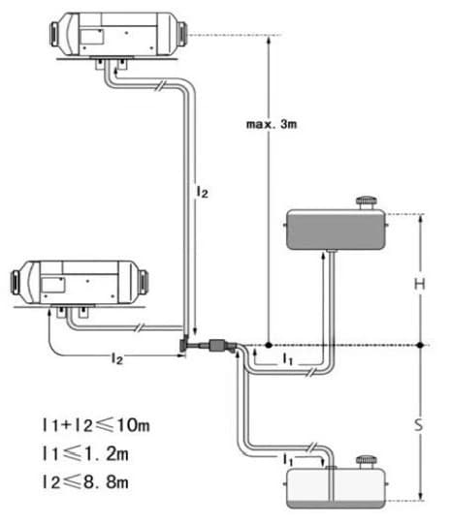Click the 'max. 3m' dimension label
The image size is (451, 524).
point(272,124)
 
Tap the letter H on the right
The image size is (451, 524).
point(420,284)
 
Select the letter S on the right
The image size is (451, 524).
point(419,425)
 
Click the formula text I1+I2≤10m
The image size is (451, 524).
point(96,425)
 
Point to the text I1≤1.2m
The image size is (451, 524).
point(85,453)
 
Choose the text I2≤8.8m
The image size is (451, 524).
point(85,482)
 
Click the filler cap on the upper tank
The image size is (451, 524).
point(366,202)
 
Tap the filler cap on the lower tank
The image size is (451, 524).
point(366,463)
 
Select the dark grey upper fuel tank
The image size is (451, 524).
point(336,230)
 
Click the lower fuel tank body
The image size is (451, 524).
point(336,488)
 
